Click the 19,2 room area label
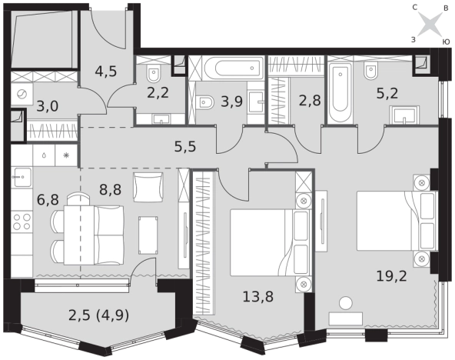391,276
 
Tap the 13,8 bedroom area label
258,297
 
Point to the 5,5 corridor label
185,147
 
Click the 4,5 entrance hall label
106,71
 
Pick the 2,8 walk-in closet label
310,101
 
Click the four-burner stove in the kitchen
22,222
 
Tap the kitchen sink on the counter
22,177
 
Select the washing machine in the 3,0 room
22,94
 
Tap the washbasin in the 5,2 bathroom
404,115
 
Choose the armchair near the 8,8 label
148,187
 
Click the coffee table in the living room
148,235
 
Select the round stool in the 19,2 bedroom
346,303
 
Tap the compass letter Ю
447,42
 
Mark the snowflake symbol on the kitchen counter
66,155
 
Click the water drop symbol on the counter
44,155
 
